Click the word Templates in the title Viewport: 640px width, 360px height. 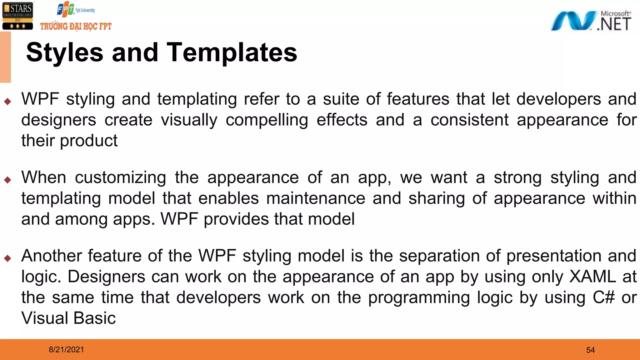point(232,52)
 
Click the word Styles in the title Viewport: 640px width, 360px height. point(65,52)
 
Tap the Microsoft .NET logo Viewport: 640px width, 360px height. point(591,21)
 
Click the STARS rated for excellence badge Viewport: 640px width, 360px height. point(17,16)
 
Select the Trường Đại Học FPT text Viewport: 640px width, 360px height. point(76,26)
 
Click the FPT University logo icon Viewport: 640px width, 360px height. point(66,10)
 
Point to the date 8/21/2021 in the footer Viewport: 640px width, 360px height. point(66,349)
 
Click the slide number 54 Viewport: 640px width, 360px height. point(590,350)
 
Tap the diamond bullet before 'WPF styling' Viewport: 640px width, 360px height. point(8,101)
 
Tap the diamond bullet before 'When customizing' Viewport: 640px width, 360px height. point(8,180)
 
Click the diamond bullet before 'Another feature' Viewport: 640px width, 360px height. point(8,258)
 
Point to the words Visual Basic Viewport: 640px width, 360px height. point(68,318)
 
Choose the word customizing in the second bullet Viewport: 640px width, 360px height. point(120,178)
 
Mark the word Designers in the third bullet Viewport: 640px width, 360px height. point(106,277)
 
